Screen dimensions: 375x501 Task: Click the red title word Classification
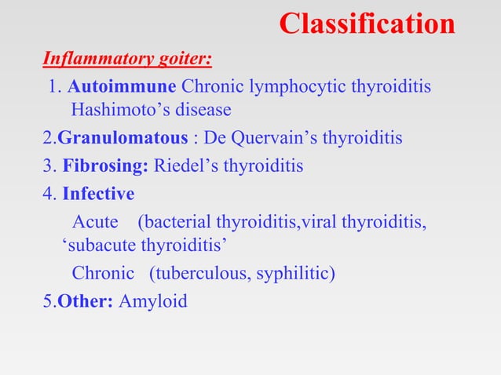(x=367, y=24)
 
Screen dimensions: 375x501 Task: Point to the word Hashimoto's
(x=118, y=111)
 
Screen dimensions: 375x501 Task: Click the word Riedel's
(x=185, y=166)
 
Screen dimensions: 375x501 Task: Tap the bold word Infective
(x=98, y=193)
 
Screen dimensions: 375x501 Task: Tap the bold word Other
(x=85, y=300)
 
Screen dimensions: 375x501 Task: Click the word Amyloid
(x=153, y=300)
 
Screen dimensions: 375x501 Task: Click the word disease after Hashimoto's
(x=203, y=111)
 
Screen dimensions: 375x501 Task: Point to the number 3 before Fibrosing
(x=47, y=166)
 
